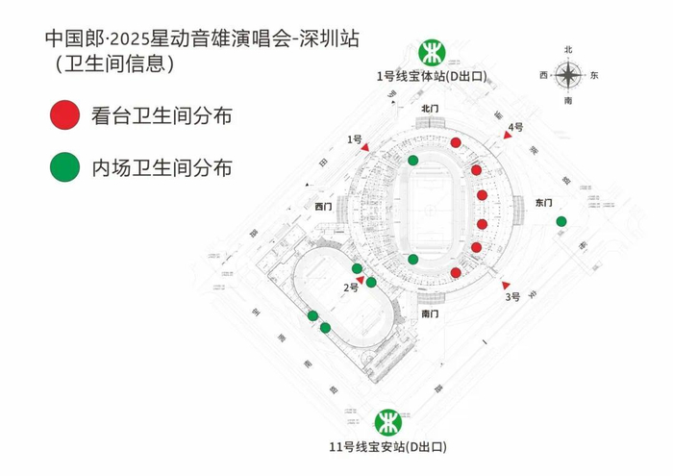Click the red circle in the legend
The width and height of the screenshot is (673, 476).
point(63,116)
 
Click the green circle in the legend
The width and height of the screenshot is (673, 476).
point(63,167)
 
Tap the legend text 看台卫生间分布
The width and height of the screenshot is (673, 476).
point(162,117)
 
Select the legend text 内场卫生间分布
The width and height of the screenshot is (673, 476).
point(162,168)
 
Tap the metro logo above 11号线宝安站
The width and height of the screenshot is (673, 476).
point(388,422)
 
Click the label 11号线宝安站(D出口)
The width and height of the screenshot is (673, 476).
point(388,447)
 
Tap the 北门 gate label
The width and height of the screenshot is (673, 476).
point(431,110)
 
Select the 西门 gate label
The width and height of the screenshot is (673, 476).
point(323,207)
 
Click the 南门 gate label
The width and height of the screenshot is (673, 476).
point(430,314)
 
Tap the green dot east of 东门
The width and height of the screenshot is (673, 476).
point(561,222)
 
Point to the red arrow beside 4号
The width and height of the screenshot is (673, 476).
point(508,137)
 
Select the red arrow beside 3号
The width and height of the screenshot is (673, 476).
point(506,286)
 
